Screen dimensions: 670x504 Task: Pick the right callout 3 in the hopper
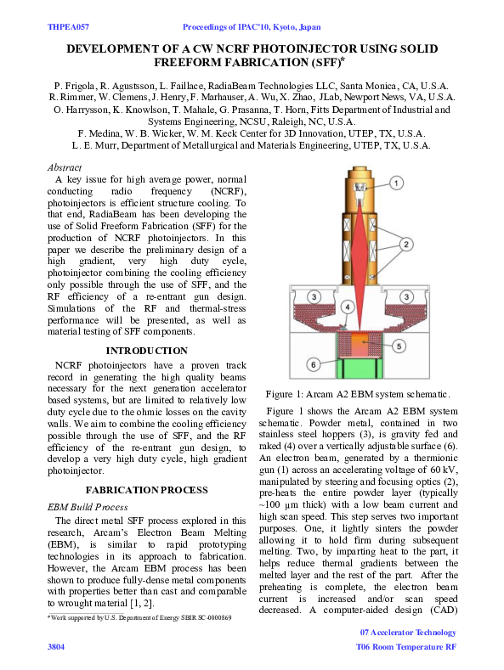coord(407,296)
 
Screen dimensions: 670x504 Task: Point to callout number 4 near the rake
coord(346,306)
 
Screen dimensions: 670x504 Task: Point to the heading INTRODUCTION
coord(146,350)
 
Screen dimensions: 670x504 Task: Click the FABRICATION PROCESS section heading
coord(146,490)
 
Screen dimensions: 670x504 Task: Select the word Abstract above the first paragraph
coord(65,168)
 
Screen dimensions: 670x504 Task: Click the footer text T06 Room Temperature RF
coord(405,647)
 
